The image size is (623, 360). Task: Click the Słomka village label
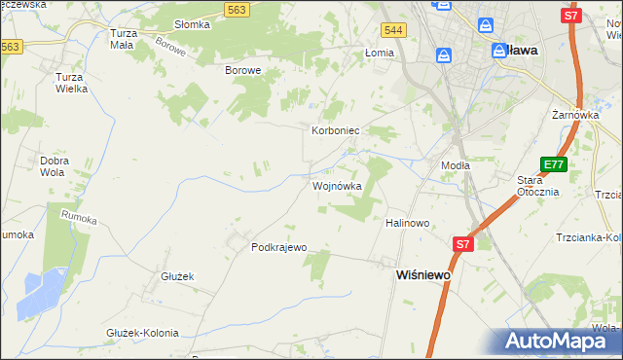tap(192, 24)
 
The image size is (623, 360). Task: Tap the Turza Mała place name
tap(124, 39)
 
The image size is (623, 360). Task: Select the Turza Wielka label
tap(72, 82)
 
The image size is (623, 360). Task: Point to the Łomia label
tap(378, 53)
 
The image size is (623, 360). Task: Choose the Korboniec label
tap(337, 129)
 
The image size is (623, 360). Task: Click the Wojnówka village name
tap(337, 186)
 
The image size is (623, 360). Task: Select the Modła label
tap(456, 165)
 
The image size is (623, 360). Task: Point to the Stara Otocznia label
tap(537, 185)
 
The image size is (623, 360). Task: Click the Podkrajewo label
tap(279, 247)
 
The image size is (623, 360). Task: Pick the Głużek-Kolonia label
tap(142, 333)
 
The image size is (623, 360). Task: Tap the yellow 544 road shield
tap(393, 32)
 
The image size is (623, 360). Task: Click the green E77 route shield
tap(553, 165)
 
